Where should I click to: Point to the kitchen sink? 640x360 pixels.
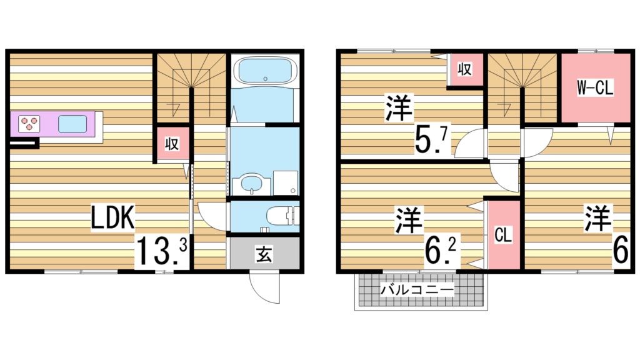72,123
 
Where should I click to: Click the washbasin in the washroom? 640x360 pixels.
251,184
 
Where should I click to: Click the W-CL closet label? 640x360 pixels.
594,88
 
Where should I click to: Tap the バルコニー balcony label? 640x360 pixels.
417,290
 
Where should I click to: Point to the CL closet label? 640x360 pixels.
503,235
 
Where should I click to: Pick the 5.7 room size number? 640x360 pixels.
432,142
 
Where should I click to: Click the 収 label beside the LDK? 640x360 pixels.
172,144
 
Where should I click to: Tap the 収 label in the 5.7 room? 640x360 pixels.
464,69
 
